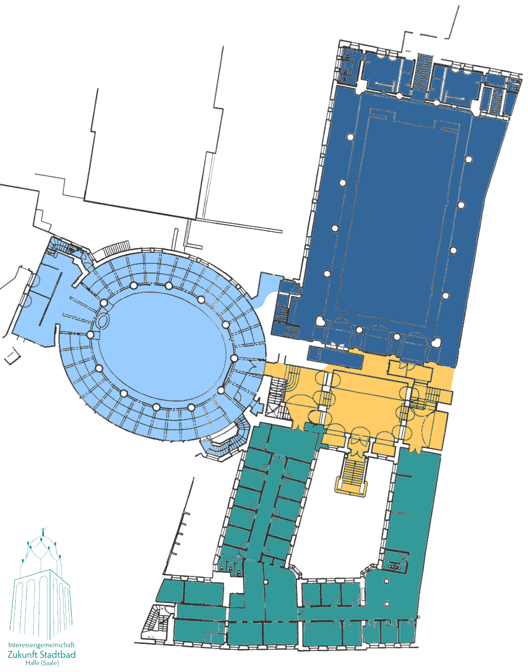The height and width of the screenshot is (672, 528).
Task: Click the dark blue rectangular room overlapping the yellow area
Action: coord(336,357)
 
